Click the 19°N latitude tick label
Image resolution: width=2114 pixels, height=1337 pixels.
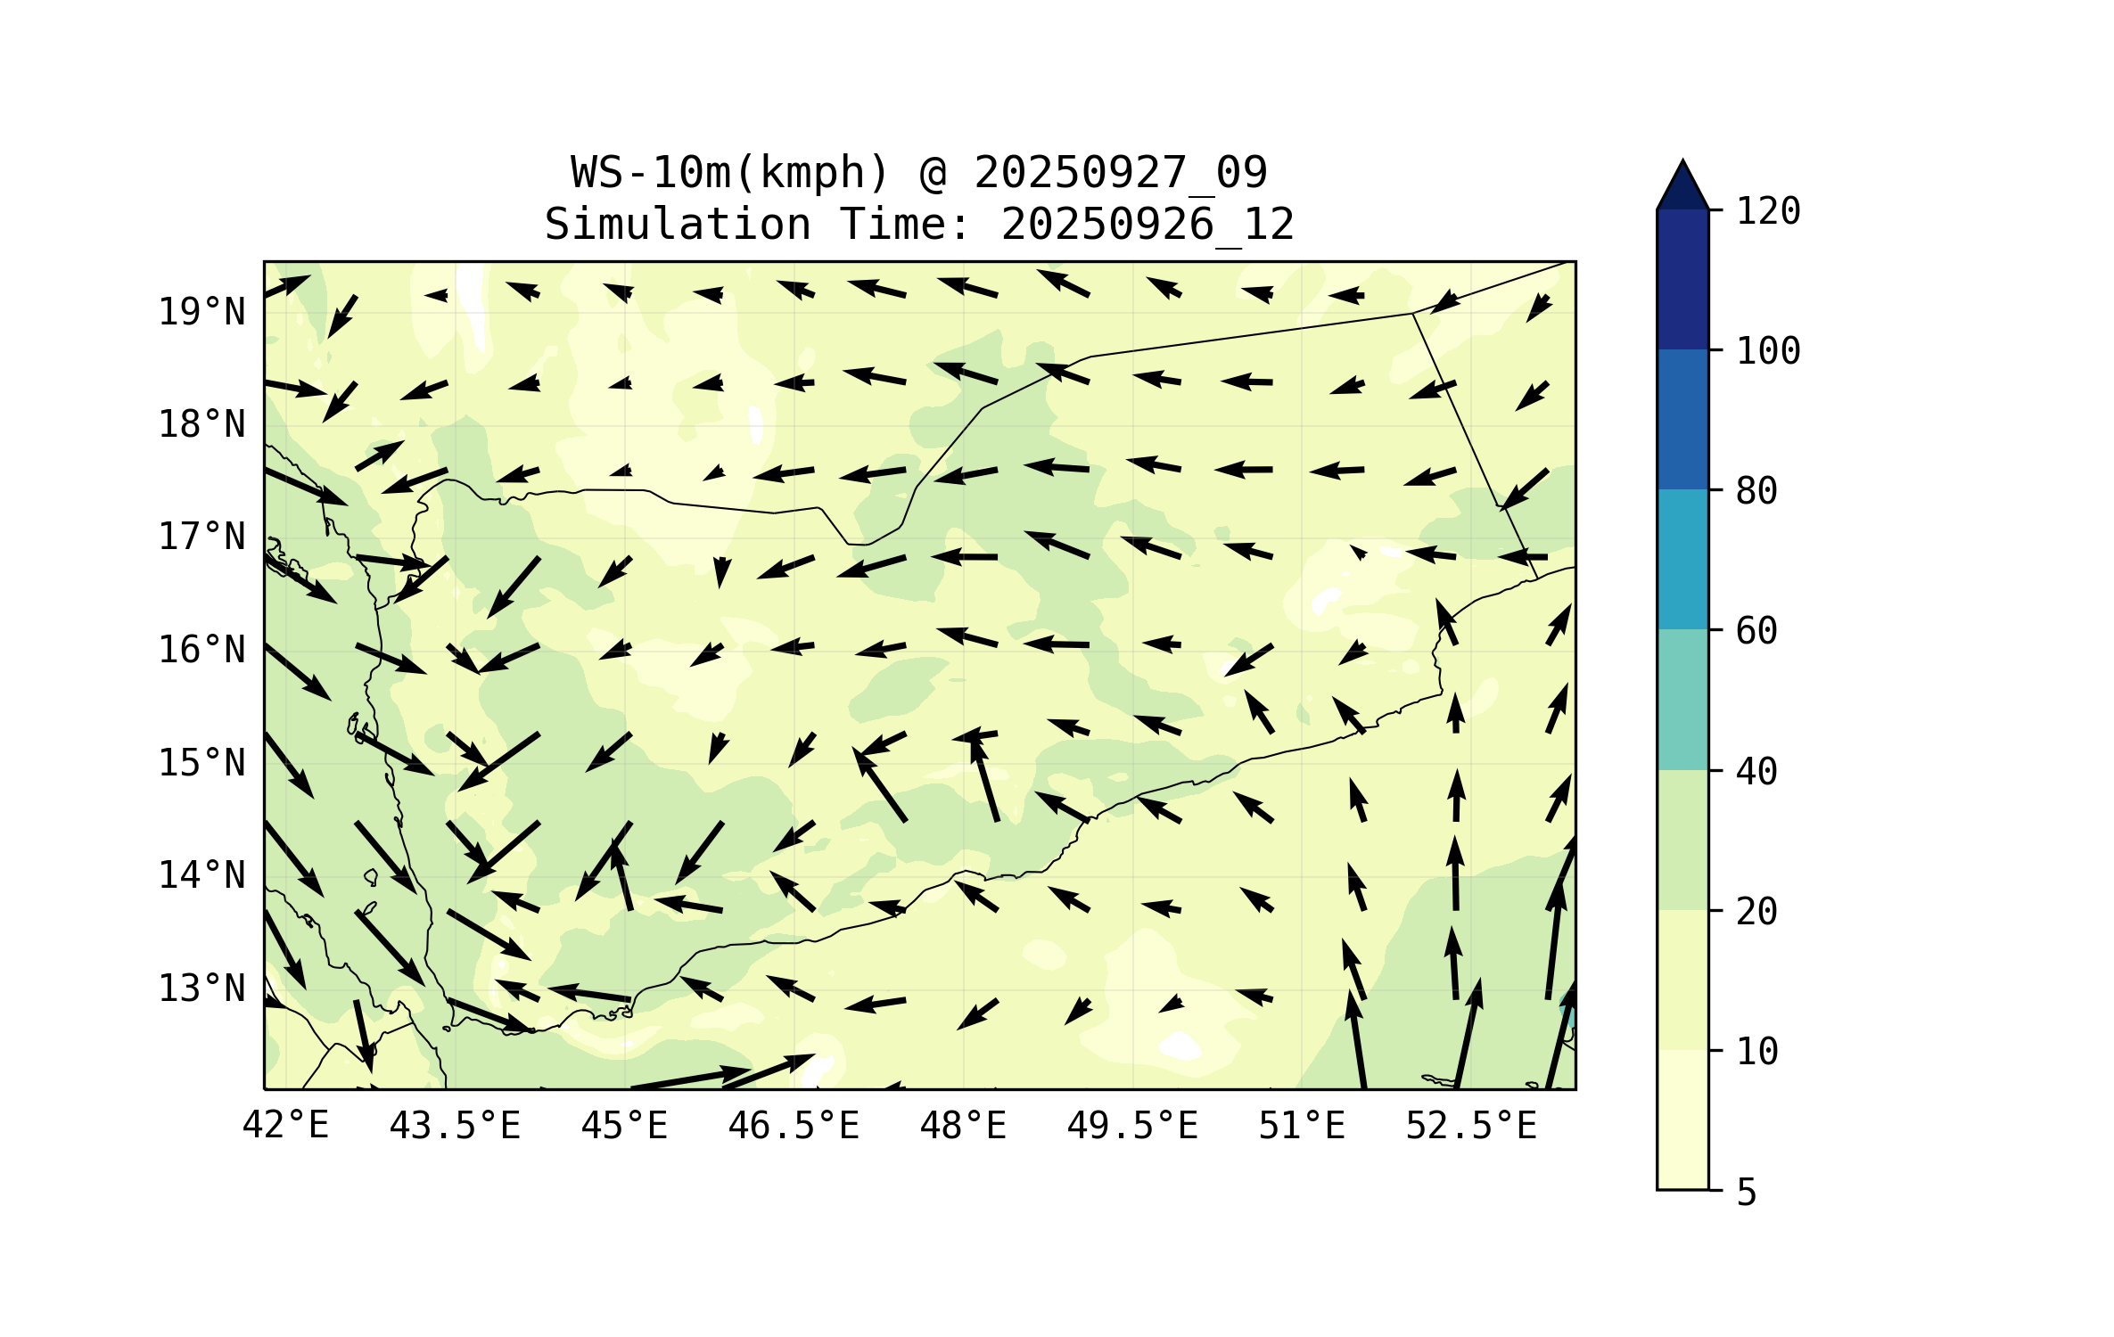click(202, 312)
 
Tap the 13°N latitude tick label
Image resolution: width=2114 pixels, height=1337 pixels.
click(202, 988)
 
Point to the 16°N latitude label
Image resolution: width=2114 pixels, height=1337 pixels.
click(202, 650)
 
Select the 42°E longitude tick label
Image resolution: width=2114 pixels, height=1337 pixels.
click(285, 1126)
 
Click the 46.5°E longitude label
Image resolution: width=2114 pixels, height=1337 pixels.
click(794, 1126)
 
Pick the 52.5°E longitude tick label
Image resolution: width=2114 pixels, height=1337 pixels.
click(1471, 1126)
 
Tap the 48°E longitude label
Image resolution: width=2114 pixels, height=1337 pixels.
click(963, 1126)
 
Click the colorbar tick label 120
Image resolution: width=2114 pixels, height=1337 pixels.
click(1768, 211)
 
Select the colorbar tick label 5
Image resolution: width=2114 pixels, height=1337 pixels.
click(1747, 1193)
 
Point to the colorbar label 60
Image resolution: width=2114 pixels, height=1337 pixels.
click(1756, 631)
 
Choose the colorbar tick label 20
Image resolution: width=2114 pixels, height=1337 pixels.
click(1756, 912)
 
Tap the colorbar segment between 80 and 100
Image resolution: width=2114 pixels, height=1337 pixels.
click(1682, 419)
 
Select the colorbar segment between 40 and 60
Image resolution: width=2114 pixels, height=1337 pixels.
click(1682, 700)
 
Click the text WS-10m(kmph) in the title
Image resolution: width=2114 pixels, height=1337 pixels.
click(730, 172)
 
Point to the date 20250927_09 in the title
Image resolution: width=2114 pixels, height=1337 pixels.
click(1120, 172)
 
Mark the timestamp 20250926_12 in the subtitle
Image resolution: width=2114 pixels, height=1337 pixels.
click(1147, 224)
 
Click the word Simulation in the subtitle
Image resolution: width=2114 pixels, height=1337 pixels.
click(678, 224)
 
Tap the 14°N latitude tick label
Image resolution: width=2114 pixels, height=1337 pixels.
click(202, 875)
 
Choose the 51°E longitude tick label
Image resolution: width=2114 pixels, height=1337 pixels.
click(1301, 1126)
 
